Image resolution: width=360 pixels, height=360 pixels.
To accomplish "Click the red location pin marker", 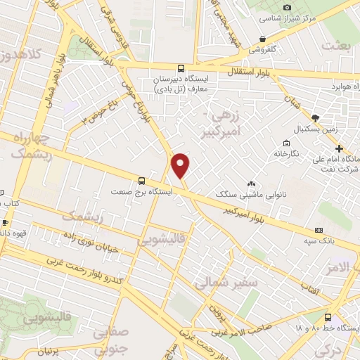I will coord(181,166).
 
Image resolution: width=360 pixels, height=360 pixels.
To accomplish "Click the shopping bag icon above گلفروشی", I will coord(262,39).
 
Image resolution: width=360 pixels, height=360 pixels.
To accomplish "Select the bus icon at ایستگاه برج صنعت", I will coord(142,179).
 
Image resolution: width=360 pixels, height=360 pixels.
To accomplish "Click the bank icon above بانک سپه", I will coord(319,230).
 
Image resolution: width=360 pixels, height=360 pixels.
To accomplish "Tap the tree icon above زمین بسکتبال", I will coord(314,117).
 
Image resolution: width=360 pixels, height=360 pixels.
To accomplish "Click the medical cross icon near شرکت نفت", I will coord(340,148).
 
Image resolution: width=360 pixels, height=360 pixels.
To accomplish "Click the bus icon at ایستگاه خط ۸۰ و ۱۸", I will coord(329,317).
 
